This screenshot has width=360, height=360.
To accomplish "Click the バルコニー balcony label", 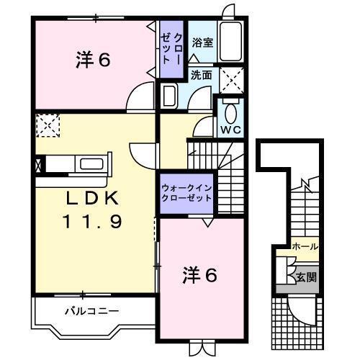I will click(x=91, y=311).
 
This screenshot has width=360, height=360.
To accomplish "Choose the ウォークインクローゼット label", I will click(x=186, y=194).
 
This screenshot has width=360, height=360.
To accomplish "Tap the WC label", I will click(x=230, y=130).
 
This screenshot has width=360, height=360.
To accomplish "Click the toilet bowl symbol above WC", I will click(x=230, y=113).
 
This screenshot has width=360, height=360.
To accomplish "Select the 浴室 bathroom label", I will click(x=202, y=42).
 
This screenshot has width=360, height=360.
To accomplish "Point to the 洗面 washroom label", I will click(x=201, y=74).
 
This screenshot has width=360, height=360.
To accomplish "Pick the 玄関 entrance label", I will click(x=305, y=276).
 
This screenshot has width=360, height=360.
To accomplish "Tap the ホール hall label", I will click(x=305, y=247).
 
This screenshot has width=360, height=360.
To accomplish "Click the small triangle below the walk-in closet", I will click(x=207, y=223).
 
